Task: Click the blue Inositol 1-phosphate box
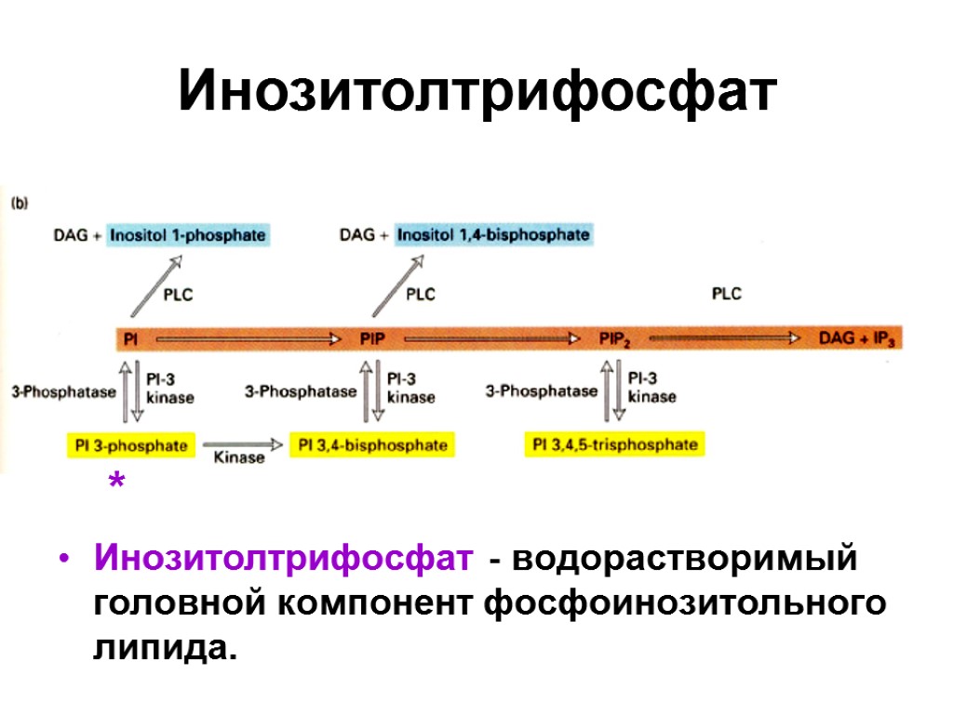click(x=187, y=235)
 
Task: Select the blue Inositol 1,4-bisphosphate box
click(x=493, y=235)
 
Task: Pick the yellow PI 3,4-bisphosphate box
click(x=372, y=445)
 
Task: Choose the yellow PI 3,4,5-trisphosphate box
click(x=614, y=444)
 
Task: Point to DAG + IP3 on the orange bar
click(x=857, y=339)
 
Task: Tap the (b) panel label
click(x=20, y=200)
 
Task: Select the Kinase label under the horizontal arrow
click(x=239, y=457)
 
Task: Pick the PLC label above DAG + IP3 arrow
click(x=726, y=294)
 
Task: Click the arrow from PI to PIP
click(x=247, y=339)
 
